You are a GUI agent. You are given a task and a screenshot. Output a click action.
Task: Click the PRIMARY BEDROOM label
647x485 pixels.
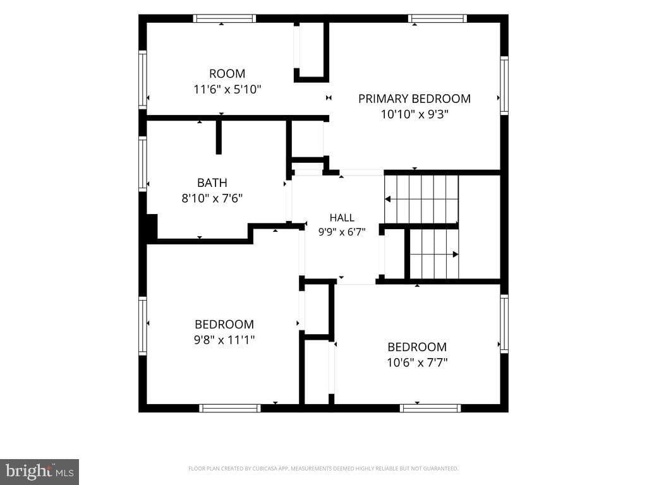(x=414, y=99)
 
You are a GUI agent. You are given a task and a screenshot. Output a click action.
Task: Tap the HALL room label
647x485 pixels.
(x=342, y=217)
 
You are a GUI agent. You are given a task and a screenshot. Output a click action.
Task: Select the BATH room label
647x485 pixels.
(x=212, y=183)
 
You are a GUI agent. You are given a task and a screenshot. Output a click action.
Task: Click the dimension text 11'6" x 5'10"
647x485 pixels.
(x=227, y=89)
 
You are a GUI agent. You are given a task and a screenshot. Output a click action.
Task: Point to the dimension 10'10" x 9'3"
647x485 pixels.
(x=414, y=114)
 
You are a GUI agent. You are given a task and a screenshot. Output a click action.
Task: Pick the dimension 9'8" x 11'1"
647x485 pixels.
(x=224, y=340)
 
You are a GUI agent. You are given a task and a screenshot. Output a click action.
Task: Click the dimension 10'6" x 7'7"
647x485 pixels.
(x=417, y=362)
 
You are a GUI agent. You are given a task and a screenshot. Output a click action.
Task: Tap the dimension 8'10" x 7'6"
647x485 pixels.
(x=212, y=198)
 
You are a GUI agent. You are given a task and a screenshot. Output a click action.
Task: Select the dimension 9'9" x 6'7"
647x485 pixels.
(x=342, y=232)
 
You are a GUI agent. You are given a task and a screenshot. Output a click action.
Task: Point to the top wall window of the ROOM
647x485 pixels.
(x=224, y=18)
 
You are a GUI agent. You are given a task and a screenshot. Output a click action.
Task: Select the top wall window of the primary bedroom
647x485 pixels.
(x=437, y=18)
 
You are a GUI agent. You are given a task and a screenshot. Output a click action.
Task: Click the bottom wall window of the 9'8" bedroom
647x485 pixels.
(x=230, y=408)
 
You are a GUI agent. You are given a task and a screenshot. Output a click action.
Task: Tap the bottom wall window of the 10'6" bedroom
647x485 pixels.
(x=430, y=408)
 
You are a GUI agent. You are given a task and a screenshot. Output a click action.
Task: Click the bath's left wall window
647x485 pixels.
(x=143, y=164)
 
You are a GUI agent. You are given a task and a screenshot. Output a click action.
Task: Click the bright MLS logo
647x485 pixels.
(x=40, y=471)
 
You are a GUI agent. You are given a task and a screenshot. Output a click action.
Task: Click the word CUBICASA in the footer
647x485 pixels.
(x=266, y=469)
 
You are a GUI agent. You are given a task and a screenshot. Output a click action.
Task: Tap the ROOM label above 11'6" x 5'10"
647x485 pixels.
(x=227, y=73)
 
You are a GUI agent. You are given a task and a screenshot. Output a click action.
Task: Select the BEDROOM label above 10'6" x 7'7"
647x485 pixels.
(x=417, y=347)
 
